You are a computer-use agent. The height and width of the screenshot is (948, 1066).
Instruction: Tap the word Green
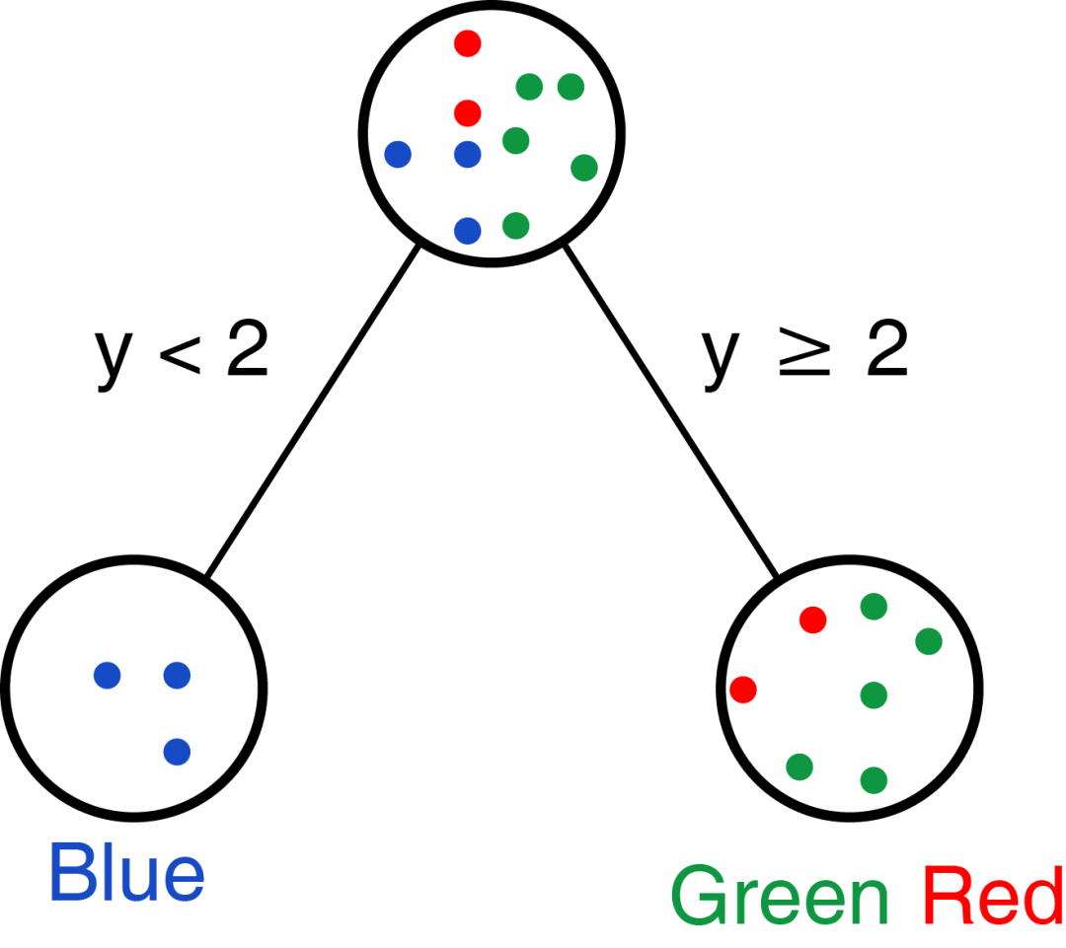tap(780, 896)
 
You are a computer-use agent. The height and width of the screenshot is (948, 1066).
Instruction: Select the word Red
tap(992, 896)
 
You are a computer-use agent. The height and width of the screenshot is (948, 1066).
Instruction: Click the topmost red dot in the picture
tap(468, 43)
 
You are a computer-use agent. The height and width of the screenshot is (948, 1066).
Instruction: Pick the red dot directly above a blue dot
tap(468, 113)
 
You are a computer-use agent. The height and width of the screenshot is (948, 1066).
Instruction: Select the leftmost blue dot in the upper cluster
tap(398, 154)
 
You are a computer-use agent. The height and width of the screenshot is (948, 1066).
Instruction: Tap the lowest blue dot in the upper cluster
tap(468, 231)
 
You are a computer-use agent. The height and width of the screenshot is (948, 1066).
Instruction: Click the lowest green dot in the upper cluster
tap(515, 226)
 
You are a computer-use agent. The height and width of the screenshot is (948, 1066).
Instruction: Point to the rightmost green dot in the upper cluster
tap(584, 168)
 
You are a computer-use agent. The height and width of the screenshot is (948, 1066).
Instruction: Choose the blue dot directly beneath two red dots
tap(468, 154)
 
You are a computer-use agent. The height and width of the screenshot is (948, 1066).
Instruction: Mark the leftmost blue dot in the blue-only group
tap(108, 676)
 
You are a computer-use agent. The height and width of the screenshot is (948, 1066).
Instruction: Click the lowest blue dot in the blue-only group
tap(177, 752)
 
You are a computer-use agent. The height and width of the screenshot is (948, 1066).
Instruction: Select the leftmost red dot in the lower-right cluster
tap(743, 690)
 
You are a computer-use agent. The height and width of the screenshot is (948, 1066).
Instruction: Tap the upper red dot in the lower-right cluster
tap(813, 620)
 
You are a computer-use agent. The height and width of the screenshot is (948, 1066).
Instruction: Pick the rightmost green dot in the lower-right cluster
tap(929, 642)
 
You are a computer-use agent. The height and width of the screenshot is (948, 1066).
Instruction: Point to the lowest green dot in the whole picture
tap(874, 780)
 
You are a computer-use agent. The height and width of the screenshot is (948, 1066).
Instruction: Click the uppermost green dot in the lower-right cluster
tap(874, 607)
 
